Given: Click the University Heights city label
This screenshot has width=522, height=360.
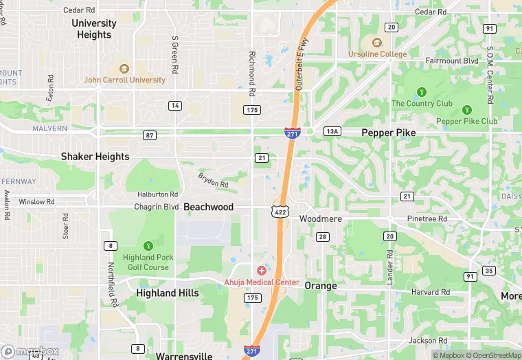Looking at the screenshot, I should coord(94,29).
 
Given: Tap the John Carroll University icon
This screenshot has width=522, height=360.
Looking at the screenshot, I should coord(124,69).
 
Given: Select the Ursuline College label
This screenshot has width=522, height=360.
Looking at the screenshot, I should coord(377,54).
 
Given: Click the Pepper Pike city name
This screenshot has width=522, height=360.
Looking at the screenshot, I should coord(388,133).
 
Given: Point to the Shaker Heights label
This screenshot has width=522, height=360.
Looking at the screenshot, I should coord(95,157).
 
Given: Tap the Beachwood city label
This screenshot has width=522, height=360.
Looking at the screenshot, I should coord(208,207).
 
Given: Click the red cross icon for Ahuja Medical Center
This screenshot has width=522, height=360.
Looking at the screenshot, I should coord(261,271).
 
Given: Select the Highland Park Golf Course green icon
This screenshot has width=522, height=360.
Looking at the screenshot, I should coord(147,245).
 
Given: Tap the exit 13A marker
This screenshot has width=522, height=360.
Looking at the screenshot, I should coord(332,131).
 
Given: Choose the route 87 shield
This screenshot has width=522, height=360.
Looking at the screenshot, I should coord(150,135).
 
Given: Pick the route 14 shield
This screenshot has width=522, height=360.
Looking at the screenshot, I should coord(176,105).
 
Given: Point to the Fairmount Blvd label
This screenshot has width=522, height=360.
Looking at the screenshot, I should coord(451,61).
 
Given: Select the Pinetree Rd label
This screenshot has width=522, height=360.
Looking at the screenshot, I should coord(427,218).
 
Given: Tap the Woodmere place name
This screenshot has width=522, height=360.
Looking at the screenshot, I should coord(321,218).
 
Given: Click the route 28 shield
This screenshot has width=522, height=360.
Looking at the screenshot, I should coord(322,237).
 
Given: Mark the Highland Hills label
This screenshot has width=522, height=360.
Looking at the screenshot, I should coord(168,293).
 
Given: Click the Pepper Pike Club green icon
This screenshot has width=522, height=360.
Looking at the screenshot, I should coord(467,110).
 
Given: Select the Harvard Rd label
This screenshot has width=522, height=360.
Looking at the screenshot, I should coord(431,292).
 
